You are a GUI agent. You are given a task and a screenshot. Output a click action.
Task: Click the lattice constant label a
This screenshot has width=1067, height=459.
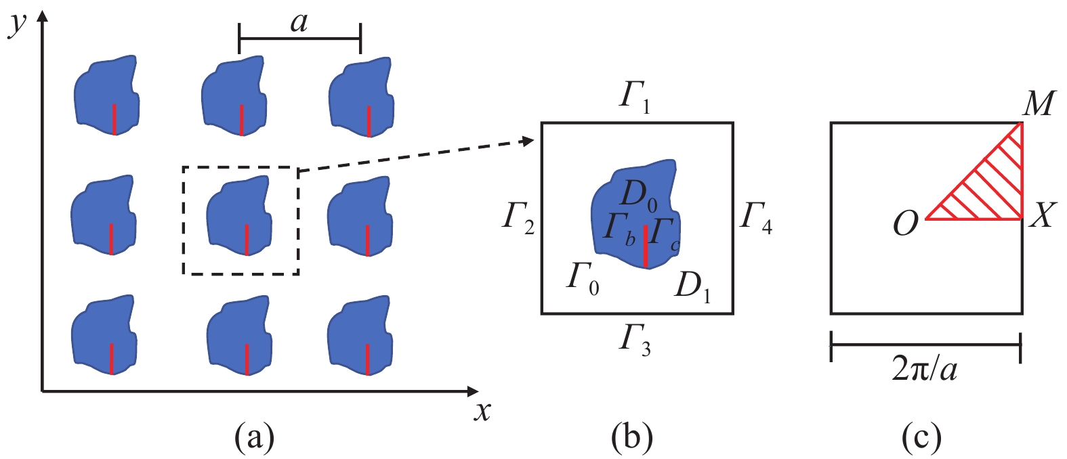299,23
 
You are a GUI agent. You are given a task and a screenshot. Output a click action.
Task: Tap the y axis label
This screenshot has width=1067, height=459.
18,22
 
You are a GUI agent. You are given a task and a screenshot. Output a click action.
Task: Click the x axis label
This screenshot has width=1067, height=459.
482,410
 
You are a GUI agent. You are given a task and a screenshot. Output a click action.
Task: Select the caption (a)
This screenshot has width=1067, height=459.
254,438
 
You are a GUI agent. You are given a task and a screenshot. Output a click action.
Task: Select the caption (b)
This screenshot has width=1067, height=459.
631,438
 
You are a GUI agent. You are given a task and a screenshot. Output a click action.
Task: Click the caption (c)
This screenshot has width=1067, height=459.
921,438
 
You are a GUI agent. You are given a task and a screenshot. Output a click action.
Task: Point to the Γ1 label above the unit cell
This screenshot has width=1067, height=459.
635,98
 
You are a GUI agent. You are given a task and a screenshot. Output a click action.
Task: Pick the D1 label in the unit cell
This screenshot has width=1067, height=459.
692,286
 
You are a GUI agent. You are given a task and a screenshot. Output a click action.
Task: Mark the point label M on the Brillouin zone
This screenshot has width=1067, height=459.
1039,104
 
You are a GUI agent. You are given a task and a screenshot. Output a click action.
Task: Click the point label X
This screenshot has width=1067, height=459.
1042,217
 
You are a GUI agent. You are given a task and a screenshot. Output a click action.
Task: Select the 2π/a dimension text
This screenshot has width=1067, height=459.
925,370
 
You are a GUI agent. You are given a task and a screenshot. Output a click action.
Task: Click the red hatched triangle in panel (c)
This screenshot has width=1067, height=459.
992,190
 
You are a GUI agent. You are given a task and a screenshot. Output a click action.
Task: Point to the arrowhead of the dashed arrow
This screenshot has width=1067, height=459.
530,141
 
